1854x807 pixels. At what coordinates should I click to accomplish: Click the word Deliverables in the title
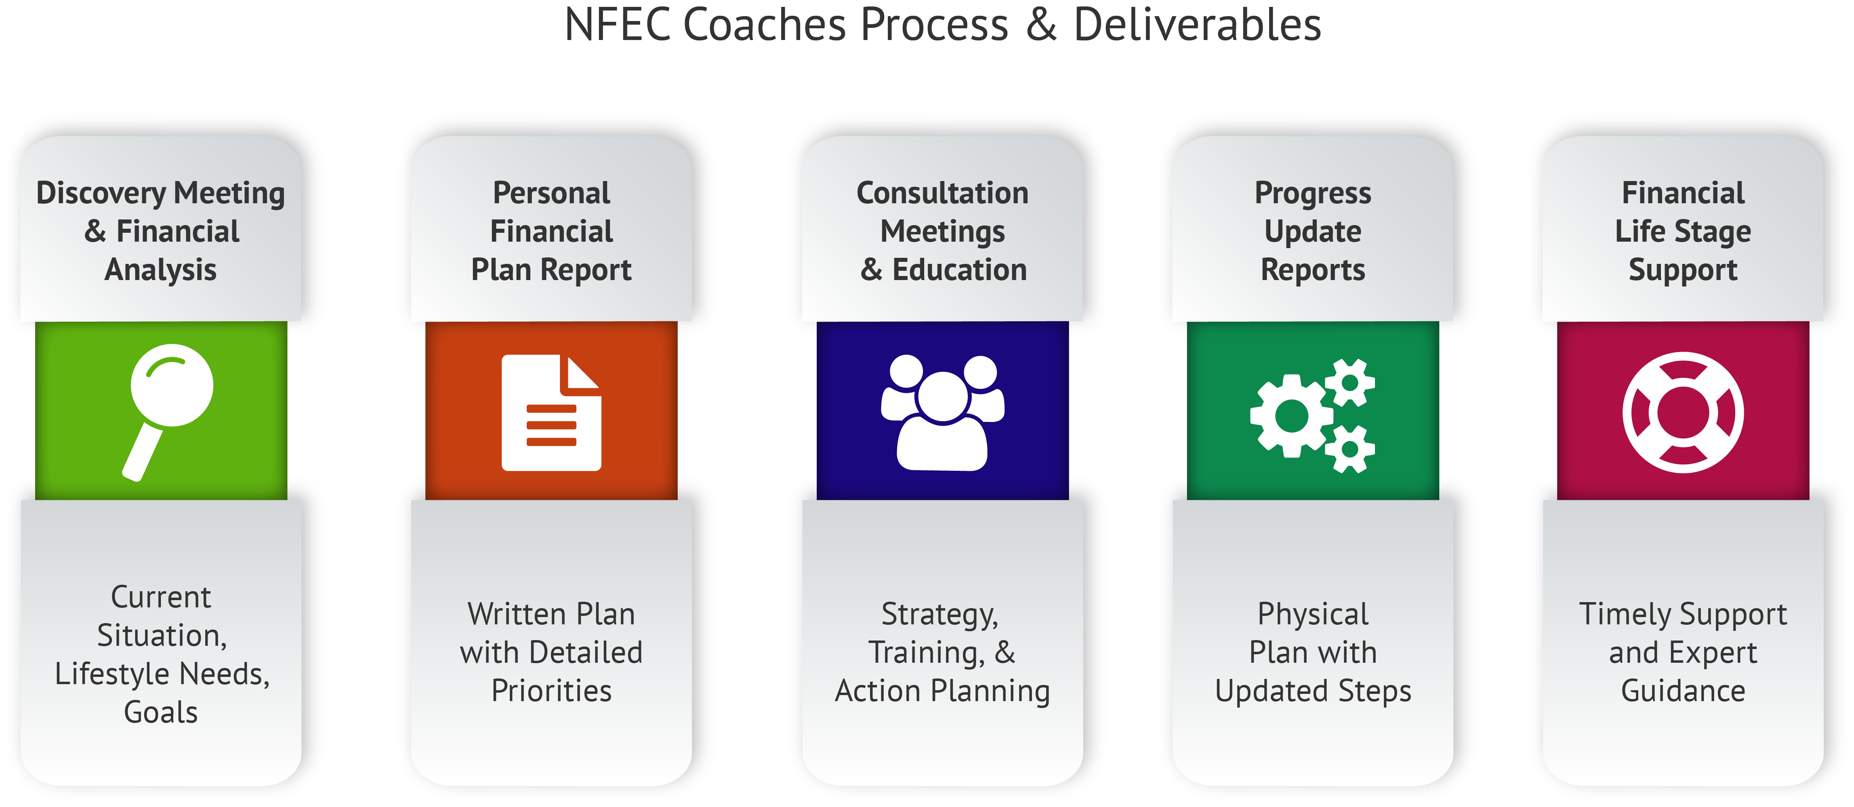pos(1197,25)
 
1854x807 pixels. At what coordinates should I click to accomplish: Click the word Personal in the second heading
pos(551,193)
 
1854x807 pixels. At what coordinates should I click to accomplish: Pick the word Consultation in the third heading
pos(942,193)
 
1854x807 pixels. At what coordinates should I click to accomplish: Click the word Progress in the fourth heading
pos(1313,193)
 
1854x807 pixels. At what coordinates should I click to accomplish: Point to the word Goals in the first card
pos(160,712)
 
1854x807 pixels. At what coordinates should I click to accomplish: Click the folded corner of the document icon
pos(580,374)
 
